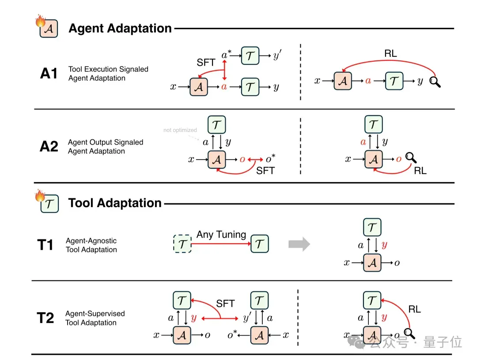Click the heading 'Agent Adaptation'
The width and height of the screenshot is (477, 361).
tap(120, 28)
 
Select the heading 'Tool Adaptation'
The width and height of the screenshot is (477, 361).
tap(115, 203)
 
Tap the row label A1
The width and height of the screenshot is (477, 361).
tap(49, 74)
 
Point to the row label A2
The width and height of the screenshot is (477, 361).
tap(49, 146)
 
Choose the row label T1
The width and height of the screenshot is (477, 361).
tap(45, 245)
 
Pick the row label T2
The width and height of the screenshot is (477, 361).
tap(45, 318)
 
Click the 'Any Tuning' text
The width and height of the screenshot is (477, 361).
tap(221, 234)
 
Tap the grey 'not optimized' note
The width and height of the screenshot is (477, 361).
tap(180, 130)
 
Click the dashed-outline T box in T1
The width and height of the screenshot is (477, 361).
tap(182, 244)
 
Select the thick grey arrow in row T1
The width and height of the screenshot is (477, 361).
tap(299, 244)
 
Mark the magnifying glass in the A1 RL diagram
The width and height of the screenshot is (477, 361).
tap(435, 82)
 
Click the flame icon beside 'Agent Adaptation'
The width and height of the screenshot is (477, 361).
tap(40, 21)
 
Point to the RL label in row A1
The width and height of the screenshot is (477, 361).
tap(390, 53)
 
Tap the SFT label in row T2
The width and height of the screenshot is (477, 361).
tap(225, 303)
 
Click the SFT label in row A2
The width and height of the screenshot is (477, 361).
tap(265, 171)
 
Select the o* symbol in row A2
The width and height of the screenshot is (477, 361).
tap(270, 159)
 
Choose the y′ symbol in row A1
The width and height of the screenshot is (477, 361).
tap(277, 55)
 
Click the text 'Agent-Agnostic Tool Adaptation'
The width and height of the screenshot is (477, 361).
tap(91, 245)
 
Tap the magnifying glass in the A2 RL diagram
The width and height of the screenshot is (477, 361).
tap(411, 158)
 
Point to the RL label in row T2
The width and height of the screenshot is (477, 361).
tap(414, 309)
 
